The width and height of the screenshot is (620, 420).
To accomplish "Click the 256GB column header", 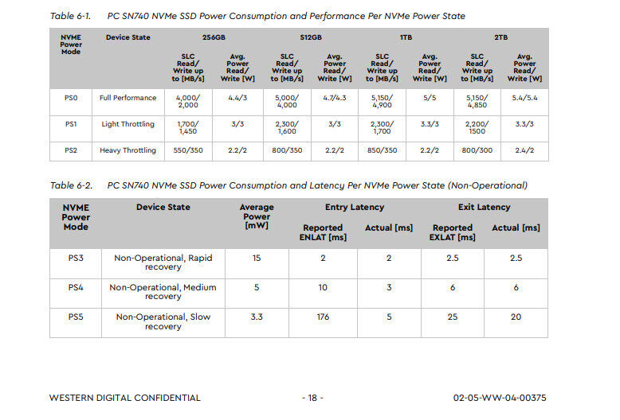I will (x=214, y=37).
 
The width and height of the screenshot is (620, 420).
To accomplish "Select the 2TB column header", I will (x=500, y=37).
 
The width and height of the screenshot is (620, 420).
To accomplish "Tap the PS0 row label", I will (x=71, y=98).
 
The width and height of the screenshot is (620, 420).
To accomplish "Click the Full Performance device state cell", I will (x=128, y=98).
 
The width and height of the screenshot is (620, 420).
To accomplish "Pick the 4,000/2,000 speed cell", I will (x=188, y=101).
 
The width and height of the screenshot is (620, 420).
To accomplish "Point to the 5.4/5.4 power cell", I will (x=524, y=98).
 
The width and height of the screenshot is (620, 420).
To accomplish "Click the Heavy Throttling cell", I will (x=128, y=150).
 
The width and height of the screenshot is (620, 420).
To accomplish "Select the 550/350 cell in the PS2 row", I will (x=188, y=150).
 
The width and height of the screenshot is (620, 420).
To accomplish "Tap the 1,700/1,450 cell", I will (x=188, y=127).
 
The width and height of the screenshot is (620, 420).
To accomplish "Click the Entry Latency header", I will (x=354, y=208).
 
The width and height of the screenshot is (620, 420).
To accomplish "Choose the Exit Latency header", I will (x=484, y=208).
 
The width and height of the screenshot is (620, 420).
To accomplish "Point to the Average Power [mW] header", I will (x=257, y=216).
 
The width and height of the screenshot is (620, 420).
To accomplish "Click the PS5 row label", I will (x=76, y=317).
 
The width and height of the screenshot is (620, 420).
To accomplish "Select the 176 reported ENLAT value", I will (x=323, y=317).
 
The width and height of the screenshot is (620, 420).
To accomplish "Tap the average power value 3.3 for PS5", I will (x=257, y=317).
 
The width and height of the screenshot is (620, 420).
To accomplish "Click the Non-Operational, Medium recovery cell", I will (x=163, y=292).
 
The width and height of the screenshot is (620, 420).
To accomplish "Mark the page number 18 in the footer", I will (x=312, y=398).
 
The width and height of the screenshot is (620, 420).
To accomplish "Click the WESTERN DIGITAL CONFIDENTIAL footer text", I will (x=125, y=398).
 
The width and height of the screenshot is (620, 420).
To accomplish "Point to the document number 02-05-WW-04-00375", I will (x=500, y=398).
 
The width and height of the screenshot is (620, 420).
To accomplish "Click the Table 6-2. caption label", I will (x=71, y=185).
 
